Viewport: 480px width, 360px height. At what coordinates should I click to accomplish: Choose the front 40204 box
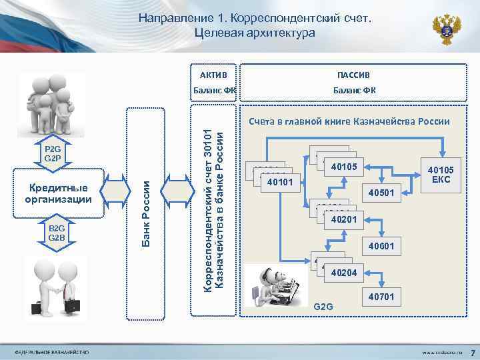343,273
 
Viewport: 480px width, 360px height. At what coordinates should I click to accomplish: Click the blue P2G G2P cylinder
53,153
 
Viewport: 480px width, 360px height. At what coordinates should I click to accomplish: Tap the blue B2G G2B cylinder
56,233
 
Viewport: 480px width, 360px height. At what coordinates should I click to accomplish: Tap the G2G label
323,307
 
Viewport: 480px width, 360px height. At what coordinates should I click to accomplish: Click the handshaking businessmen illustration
59,285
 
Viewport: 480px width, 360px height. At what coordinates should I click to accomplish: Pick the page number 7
471,351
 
